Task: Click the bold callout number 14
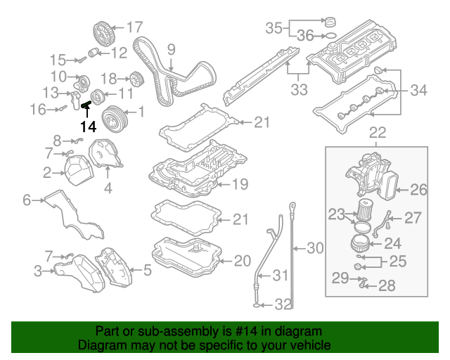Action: (x=88, y=127)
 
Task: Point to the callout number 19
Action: (x=240, y=185)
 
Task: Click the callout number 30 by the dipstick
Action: (x=315, y=247)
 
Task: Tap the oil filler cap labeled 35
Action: (x=328, y=20)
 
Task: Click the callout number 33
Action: (x=300, y=90)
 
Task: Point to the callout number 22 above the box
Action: (x=378, y=132)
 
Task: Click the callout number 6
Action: (x=27, y=200)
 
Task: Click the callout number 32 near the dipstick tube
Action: (x=282, y=304)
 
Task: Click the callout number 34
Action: (x=418, y=90)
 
